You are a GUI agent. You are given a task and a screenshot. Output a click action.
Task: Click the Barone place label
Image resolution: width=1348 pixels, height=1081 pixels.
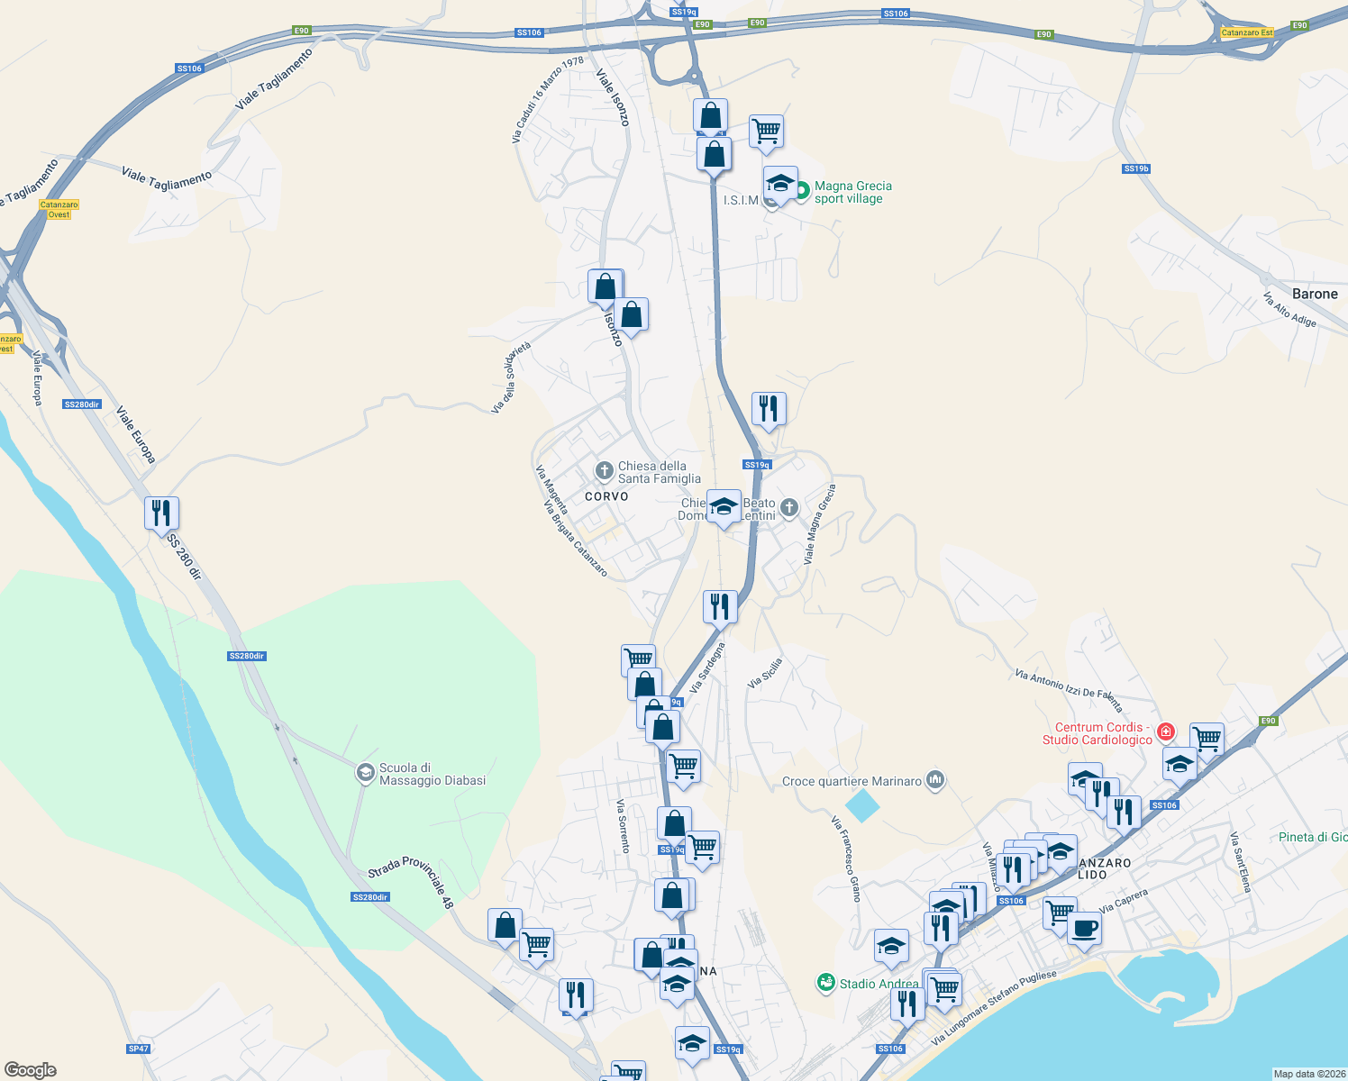(x=1315, y=294)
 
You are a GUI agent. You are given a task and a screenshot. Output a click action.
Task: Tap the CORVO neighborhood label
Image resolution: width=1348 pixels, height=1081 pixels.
(x=606, y=496)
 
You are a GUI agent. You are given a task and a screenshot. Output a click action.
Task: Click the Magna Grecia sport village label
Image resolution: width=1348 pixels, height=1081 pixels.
(x=852, y=192)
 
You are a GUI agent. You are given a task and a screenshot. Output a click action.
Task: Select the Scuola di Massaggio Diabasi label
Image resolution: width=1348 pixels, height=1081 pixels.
(x=432, y=774)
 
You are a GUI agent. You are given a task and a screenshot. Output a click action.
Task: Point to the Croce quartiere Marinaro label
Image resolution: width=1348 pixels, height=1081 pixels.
(x=852, y=781)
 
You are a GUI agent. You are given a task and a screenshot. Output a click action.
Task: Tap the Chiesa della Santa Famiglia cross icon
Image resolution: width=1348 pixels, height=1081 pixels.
(x=604, y=470)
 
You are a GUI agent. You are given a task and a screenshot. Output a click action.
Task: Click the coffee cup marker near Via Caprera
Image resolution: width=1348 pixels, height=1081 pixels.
(x=1084, y=928)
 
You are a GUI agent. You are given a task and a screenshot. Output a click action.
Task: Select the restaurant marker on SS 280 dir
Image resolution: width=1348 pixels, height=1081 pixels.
(x=161, y=513)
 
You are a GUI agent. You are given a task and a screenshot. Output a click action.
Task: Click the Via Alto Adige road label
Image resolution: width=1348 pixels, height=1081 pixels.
(x=1289, y=310)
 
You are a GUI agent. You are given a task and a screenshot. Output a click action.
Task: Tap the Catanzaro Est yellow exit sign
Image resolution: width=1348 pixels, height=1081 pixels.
(x=1247, y=32)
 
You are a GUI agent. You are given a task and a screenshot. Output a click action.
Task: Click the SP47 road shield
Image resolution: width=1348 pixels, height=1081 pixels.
(x=138, y=1049)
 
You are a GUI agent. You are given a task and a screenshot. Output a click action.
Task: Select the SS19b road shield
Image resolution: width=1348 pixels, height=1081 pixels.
(x=1136, y=168)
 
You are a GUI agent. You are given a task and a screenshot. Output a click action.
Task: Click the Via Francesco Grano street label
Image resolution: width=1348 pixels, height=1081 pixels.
(x=846, y=858)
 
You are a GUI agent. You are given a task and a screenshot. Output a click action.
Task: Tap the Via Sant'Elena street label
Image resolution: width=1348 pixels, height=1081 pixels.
(x=1241, y=862)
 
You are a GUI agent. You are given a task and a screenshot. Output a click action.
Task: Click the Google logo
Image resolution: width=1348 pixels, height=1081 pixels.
(x=31, y=1069)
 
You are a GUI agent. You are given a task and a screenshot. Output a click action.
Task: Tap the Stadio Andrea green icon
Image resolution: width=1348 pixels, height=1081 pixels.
(x=825, y=983)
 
